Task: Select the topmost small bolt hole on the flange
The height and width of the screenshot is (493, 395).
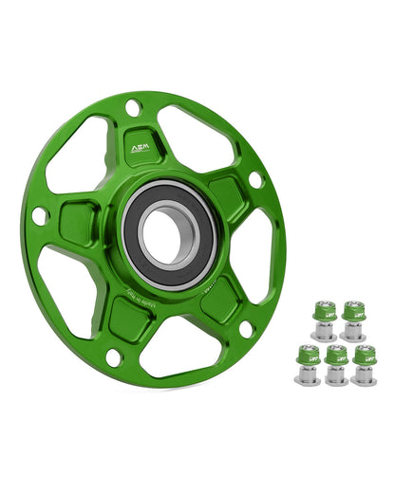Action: point(133,107)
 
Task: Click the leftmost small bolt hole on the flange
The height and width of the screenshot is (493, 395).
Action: point(40,216)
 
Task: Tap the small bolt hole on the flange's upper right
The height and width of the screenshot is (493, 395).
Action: point(254,178)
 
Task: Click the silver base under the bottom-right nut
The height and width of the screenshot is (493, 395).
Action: point(364,376)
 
